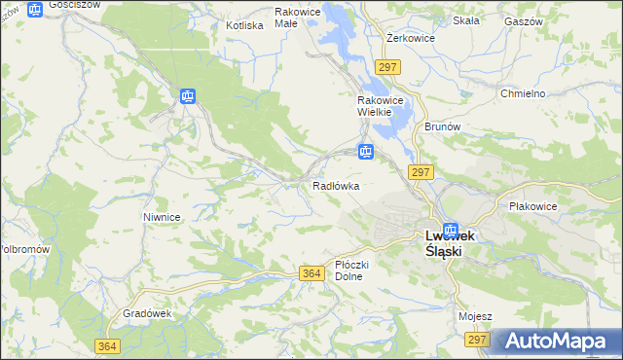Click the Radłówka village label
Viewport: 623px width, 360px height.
tap(336, 185)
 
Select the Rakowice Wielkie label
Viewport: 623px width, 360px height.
tap(374, 106)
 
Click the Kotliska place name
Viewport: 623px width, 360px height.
tap(244, 25)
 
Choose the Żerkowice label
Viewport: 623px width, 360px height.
tap(410, 38)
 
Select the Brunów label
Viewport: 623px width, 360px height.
tap(441, 126)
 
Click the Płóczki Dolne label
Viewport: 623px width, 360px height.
tap(348, 270)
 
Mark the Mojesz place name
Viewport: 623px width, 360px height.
tap(475, 316)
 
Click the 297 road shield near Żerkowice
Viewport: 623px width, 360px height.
tap(387, 66)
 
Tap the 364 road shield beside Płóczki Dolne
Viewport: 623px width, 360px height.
tap(311, 274)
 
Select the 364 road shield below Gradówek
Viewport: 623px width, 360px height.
tap(108, 346)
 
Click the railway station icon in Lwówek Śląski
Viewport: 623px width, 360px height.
tap(450, 230)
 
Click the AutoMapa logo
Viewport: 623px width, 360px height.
tap(558, 342)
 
